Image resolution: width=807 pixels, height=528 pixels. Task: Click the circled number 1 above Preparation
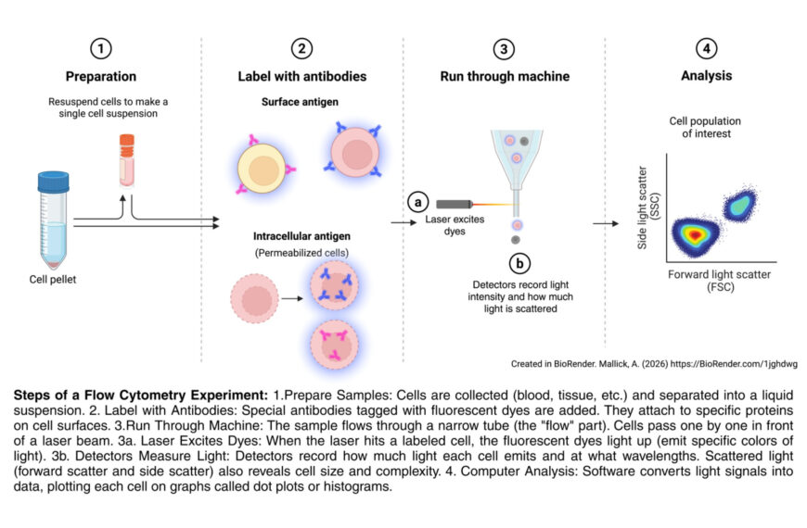click(x=100, y=50)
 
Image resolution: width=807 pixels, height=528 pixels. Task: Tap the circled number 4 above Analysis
click(x=707, y=50)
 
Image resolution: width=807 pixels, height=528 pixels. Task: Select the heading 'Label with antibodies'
click(x=301, y=76)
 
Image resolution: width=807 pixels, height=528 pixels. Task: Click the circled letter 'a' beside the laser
click(x=418, y=202)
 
